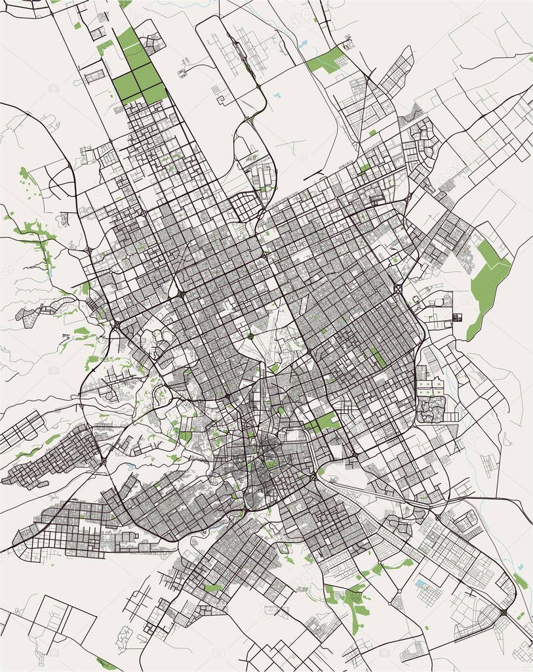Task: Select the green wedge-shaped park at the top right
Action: click(x=325, y=61)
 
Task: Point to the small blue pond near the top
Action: click(x=302, y=45)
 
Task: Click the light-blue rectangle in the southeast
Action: click(x=420, y=582)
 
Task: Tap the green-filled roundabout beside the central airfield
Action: click(x=250, y=337)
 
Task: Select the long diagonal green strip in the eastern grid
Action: click(x=378, y=357)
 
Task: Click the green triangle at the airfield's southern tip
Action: click(x=275, y=367)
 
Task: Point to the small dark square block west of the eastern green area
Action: click(x=457, y=318)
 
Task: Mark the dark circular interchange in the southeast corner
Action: click(x=503, y=612)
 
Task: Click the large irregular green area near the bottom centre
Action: click(x=354, y=604)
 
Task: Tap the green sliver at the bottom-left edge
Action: click(x=105, y=663)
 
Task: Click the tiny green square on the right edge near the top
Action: click(x=530, y=58)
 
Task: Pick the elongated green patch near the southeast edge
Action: click(x=520, y=581)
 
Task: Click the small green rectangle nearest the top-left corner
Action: click(x=77, y=26)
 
